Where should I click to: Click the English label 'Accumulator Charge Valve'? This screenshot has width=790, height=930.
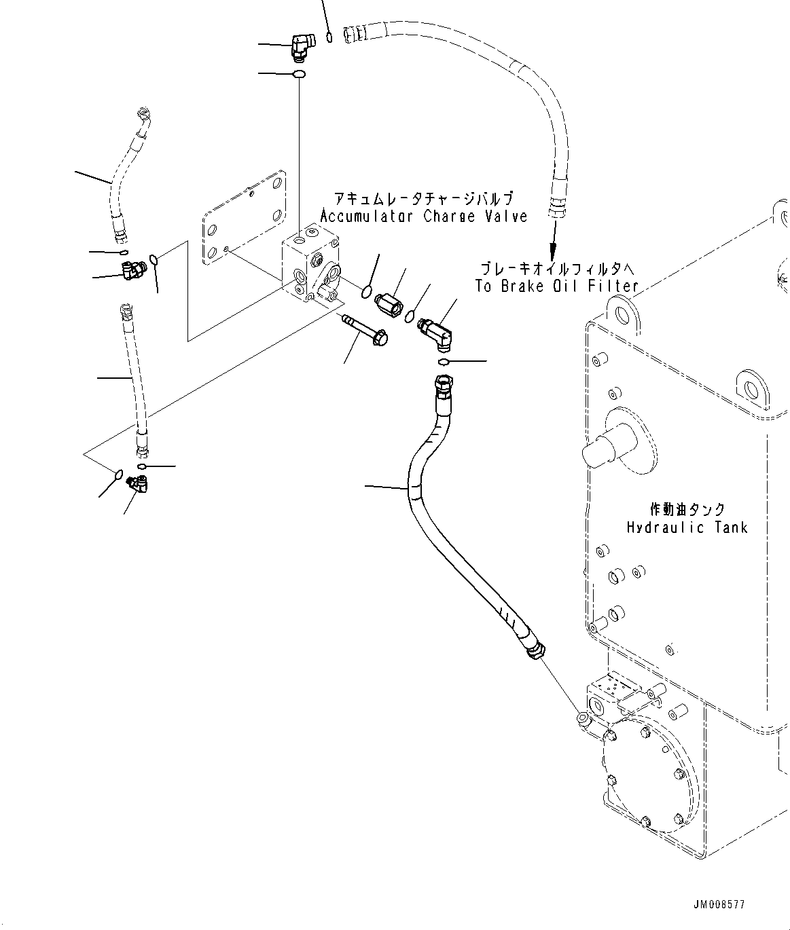tap(423, 217)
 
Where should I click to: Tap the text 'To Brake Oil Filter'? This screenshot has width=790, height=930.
tap(556, 286)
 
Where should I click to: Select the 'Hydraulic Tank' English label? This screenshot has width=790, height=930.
tap(687, 527)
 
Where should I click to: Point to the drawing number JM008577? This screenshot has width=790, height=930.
tap(719, 905)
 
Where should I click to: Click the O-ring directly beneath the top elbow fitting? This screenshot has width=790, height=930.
tap(298, 73)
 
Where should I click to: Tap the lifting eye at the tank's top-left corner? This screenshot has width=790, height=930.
tap(619, 312)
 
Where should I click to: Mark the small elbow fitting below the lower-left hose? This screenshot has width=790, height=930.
tap(140, 483)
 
